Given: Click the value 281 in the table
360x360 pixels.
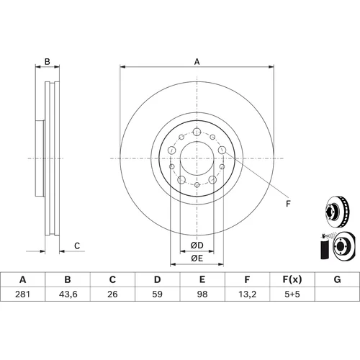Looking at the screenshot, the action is click(x=22, y=294).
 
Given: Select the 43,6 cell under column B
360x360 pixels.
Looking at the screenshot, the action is click(x=68, y=294).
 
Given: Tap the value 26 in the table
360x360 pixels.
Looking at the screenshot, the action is click(x=112, y=294).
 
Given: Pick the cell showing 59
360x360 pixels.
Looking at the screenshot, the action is click(x=157, y=294).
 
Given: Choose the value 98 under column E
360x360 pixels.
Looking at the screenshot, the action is click(x=202, y=294).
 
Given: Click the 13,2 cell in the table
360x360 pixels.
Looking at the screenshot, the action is click(x=247, y=294).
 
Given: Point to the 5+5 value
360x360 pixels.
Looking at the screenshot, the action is click(x=292, y=294).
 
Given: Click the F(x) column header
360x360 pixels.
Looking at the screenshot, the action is click(x=292, y=279).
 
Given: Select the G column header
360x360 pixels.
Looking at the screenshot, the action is click(x=337, y=279).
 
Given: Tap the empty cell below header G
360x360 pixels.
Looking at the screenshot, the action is click(x=338, y=294).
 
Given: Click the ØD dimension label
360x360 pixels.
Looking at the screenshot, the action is click(x=197, y=246).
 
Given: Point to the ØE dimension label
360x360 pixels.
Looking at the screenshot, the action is click(x=197, y=258).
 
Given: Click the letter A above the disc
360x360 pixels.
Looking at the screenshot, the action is click(x=197, y=62).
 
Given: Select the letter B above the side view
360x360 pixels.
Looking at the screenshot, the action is click(x=48, y=62).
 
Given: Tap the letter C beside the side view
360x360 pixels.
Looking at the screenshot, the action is click(x=77, y=246).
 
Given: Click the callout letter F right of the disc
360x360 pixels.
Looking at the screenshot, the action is click(x=288, y=204).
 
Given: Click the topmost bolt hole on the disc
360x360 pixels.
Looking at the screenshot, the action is click(x=197, y=132).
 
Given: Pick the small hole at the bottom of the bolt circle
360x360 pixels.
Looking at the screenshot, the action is click(x=197, y=185).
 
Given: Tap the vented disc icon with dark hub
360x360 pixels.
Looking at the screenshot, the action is click(x=338, y=212).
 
